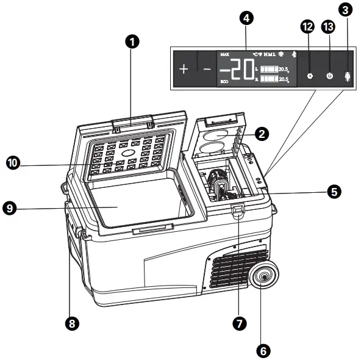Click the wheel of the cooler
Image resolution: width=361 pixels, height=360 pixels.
tap(265, 278)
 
